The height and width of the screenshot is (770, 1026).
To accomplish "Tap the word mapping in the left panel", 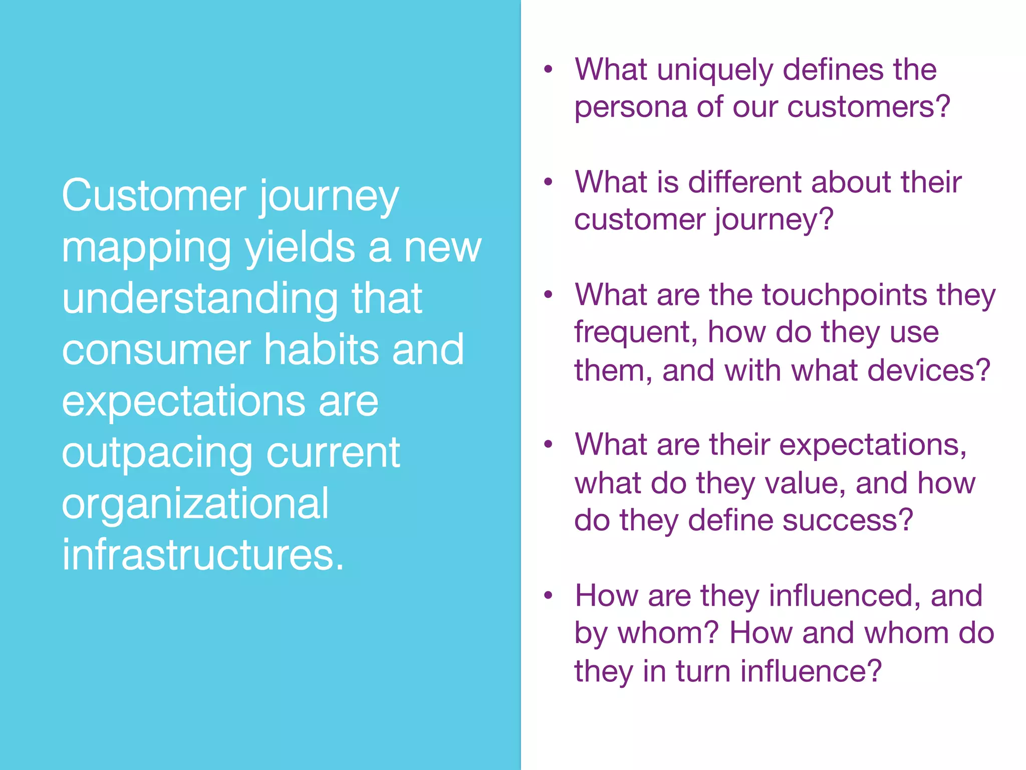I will coord(146,249).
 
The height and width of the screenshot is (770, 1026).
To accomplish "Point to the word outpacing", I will coord(157,453).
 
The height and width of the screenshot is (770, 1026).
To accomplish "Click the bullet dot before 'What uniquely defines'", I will coord(549,69).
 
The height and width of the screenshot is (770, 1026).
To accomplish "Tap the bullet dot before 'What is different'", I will coord(549,181).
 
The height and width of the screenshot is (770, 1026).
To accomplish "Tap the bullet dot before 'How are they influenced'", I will coord(549,595).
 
